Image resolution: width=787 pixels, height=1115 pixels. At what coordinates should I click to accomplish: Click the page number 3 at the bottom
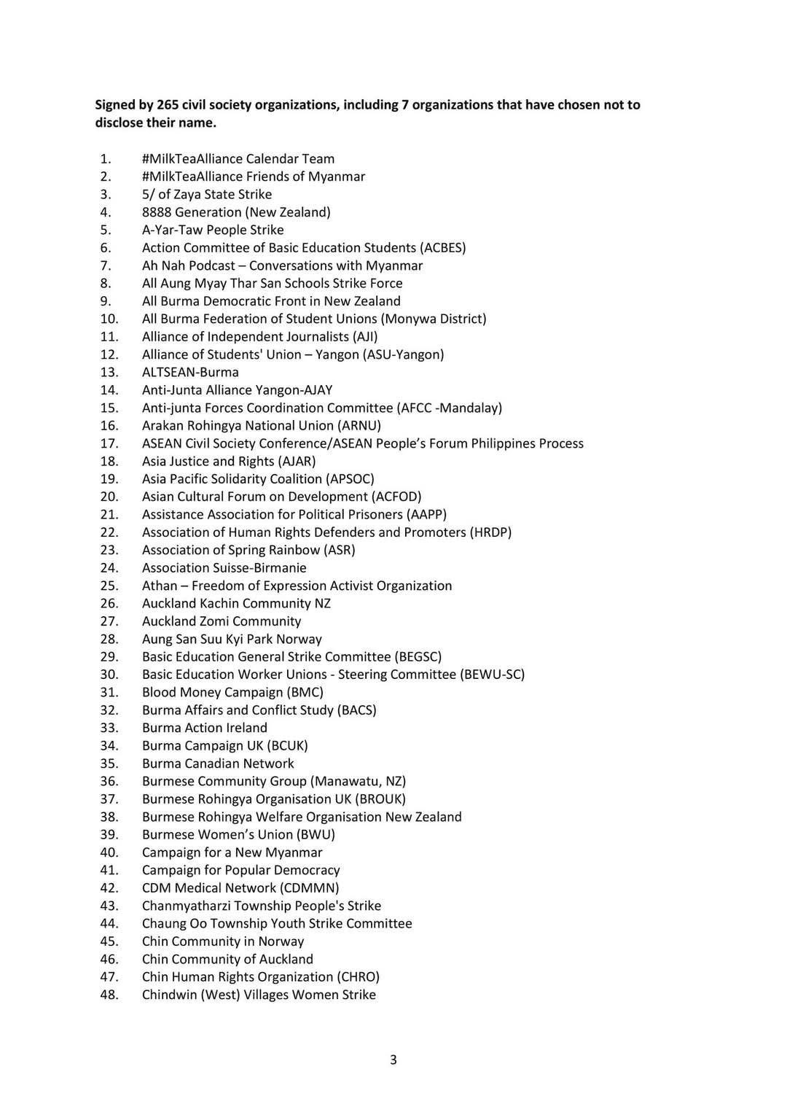393,1060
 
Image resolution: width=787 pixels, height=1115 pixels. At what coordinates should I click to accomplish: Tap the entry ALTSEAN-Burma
190,372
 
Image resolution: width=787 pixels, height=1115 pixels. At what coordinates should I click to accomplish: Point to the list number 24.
109,567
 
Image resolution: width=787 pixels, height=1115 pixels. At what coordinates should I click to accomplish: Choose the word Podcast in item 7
212,265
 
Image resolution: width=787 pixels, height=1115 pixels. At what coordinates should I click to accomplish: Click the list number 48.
109,995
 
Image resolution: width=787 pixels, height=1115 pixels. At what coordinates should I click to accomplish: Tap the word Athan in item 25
160,586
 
